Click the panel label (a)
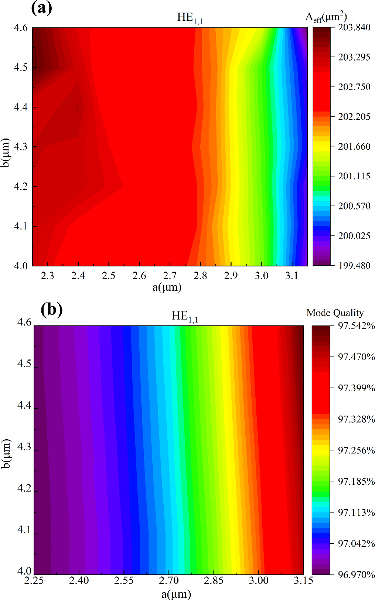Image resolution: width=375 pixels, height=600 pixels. coord(42,8)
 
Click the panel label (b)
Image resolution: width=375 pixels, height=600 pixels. coord(51,309)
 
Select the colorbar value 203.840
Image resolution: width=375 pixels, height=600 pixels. coord(354,27)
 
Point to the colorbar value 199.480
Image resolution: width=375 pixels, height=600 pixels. coord(354,265)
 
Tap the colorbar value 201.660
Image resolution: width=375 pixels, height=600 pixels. coord(354,146)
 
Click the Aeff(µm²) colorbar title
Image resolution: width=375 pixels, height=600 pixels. coord(326,17)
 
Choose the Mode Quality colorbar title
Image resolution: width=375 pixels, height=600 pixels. coord(335,313)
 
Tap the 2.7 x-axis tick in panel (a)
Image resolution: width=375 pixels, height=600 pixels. coord(170,276)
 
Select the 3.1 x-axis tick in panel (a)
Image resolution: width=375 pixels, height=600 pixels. coord(292,276)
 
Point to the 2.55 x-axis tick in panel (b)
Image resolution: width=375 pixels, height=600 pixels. coord(124,580)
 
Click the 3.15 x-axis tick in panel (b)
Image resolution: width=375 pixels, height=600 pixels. coord(304,580)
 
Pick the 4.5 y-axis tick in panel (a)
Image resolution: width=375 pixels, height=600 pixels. coord(21,67)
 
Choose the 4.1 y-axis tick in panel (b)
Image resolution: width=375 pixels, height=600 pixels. coord(24,530)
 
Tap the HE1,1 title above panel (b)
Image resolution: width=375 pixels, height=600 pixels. coord(185,316)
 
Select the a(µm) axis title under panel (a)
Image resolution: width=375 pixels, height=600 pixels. coord(167,287)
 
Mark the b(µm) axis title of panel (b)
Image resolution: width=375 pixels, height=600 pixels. coord(6,454)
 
